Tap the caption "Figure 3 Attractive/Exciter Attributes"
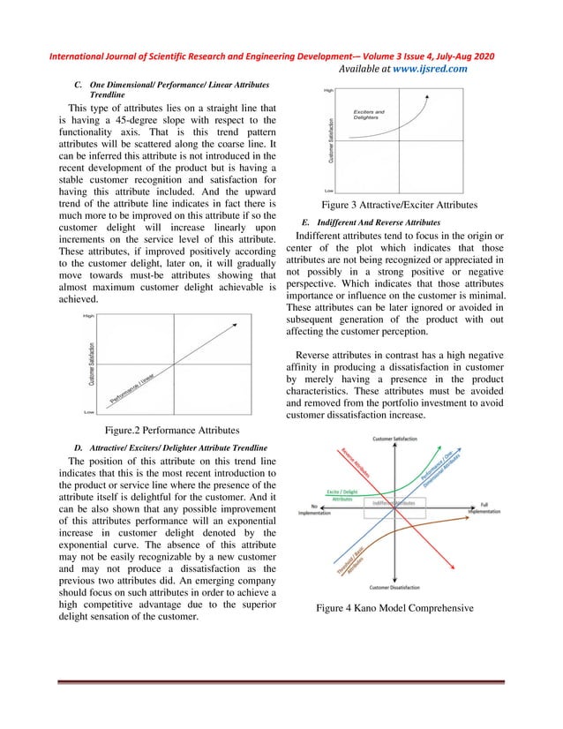click(400, 205)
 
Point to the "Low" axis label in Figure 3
click(328, 190)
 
